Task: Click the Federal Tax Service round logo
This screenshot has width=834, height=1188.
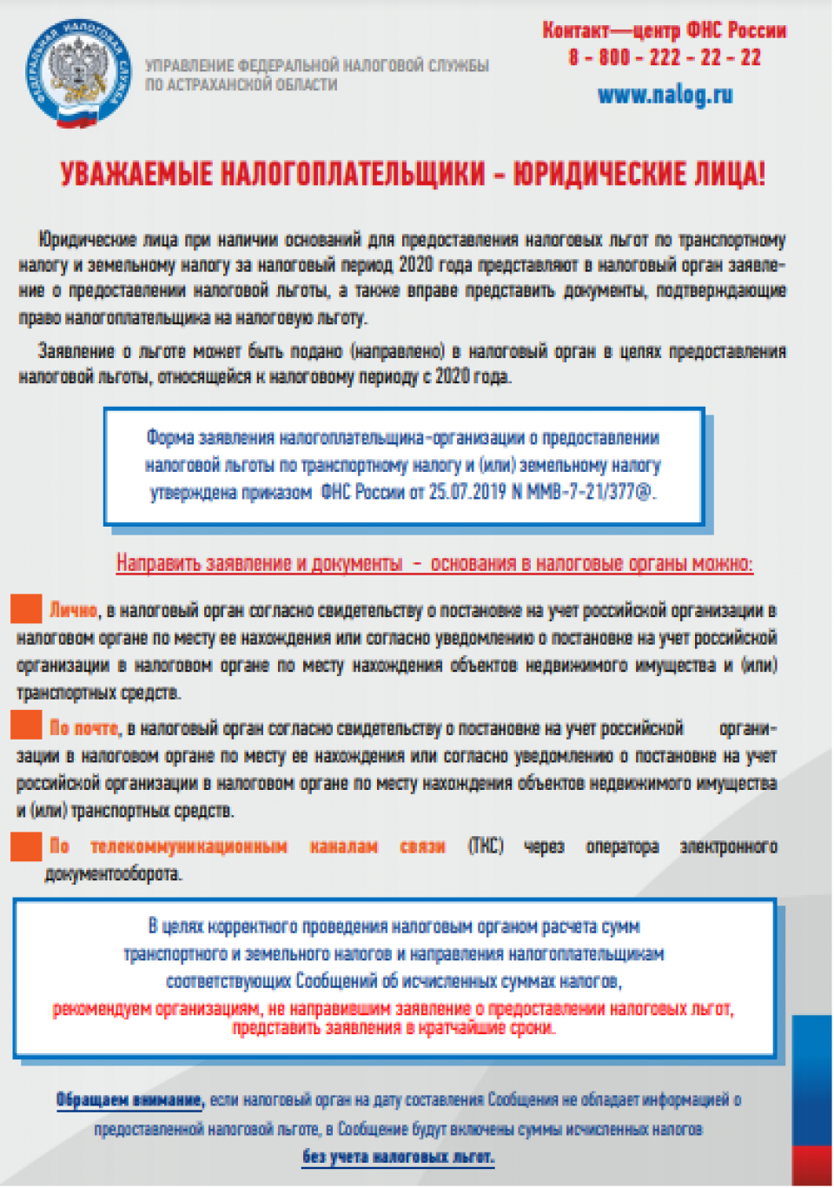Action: tap(78, 73)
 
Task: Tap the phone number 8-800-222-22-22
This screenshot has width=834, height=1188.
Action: tap(665, 58)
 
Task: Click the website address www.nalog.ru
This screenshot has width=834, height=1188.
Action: tap(665, 95)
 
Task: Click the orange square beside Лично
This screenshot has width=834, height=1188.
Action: tap(26, 609)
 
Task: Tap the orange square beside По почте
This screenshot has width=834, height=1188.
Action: tap(26, 725)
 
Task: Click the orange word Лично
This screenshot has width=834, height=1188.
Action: tap(73, 610)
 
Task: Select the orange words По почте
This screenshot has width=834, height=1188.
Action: tap(83, 727)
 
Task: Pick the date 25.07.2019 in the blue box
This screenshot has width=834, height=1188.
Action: tap(467, 492)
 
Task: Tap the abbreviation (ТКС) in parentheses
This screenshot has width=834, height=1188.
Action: tap(486, 846)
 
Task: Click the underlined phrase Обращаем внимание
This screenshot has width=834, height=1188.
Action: tap(129, 1100)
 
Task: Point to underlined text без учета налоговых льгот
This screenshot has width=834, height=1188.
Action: tap(398, 1157)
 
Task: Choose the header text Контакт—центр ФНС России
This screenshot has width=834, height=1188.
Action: tap(665, 31)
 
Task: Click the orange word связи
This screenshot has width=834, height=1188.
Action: tap(422, 846)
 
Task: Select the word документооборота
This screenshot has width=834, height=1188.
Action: tap(114, 874)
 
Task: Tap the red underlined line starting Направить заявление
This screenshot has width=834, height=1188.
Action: tap(434, 563)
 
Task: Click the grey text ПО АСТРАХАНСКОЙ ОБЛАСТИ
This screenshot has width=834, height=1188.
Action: tap(241, 85)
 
